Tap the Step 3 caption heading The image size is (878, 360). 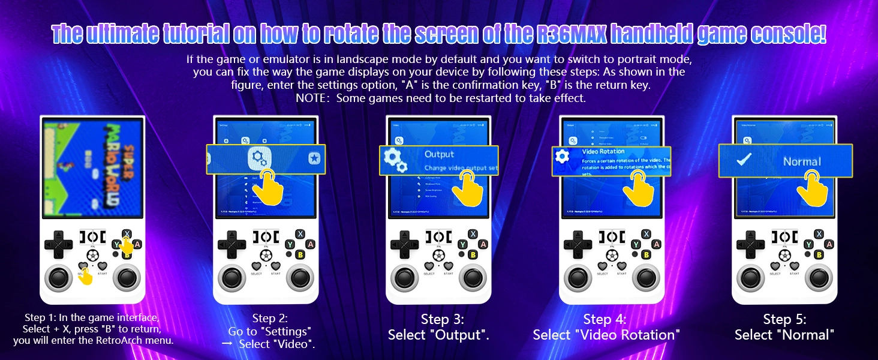(x=442, y=319)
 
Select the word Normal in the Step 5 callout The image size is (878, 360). (x=801, y=161)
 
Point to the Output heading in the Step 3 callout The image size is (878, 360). (x=440, y=154)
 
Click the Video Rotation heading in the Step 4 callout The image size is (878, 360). (x=603, y=152)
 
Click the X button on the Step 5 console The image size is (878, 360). (x=819, y=234)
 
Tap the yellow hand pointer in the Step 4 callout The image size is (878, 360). (x=638, y=187)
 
